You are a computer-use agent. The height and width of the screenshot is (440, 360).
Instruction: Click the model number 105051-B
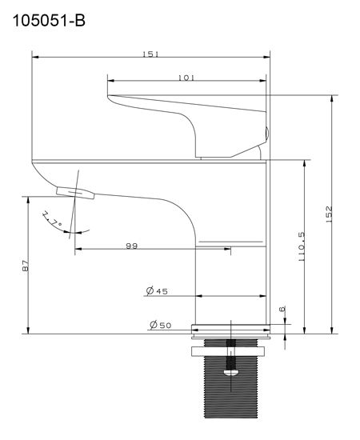[49, 21]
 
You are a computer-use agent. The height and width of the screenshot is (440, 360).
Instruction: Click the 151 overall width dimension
[150, 54]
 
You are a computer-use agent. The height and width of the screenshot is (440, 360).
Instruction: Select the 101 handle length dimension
[186, 78]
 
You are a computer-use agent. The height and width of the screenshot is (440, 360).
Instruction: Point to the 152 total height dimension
[329, 214]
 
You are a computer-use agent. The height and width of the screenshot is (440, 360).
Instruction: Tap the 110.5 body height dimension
[301, 246]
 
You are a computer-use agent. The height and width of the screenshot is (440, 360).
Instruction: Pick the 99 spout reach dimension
[131, 246]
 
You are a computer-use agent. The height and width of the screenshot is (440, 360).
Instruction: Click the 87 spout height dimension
[26, 266]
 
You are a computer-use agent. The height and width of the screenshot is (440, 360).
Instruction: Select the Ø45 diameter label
[157, 291]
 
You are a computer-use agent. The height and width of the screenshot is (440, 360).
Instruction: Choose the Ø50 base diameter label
[160, 325]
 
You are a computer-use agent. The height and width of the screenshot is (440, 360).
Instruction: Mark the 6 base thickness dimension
[282, 309]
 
